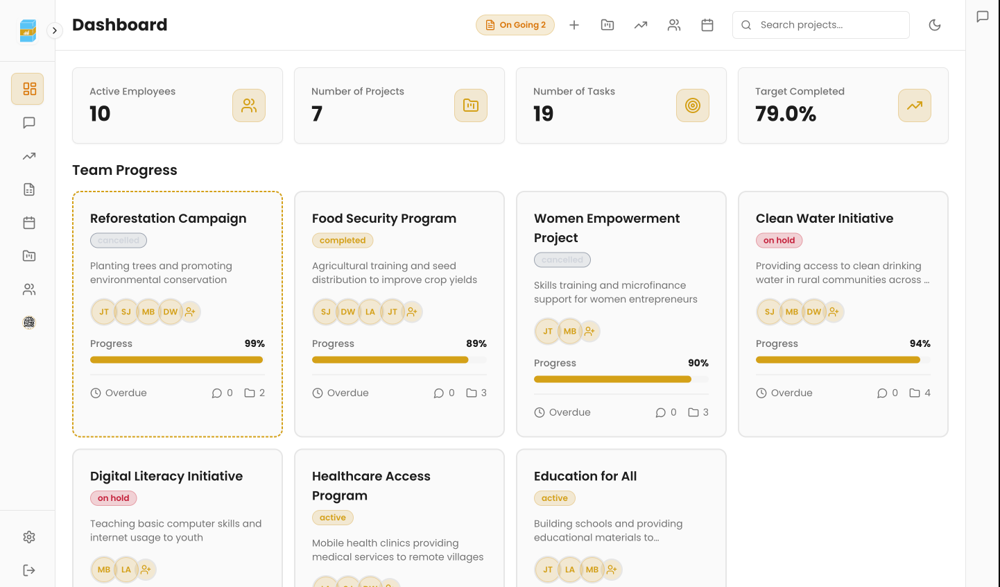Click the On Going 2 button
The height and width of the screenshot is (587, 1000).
(515, 25)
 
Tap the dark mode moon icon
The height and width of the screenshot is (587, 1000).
(935, 25)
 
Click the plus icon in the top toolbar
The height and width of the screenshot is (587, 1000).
(574, 25)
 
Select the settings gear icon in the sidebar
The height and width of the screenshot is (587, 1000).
(29, 537)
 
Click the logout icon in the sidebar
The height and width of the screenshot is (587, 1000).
(29, 570)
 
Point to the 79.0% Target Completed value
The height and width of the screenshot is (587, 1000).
(786, 114)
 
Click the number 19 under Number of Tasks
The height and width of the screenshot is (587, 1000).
(543, 114)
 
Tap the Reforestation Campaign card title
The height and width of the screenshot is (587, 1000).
(169, 219)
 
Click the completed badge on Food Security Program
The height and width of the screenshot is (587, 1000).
(343, 241)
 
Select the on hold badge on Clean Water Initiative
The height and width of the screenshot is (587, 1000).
(779, 241)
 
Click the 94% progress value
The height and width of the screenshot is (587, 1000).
(920, 343)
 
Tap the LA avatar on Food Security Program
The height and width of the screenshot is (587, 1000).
(370, 312)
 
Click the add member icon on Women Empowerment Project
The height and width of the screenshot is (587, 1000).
(589, 332)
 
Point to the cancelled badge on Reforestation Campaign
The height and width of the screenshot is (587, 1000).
(119, 241)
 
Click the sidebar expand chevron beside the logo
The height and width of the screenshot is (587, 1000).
(55, 31)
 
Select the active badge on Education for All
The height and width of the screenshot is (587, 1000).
(555, 498)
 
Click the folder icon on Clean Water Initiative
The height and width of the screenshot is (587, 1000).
(915, 393)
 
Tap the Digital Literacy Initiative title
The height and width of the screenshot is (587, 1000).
(166, 477)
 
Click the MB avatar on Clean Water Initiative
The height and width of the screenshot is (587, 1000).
(792, 312)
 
